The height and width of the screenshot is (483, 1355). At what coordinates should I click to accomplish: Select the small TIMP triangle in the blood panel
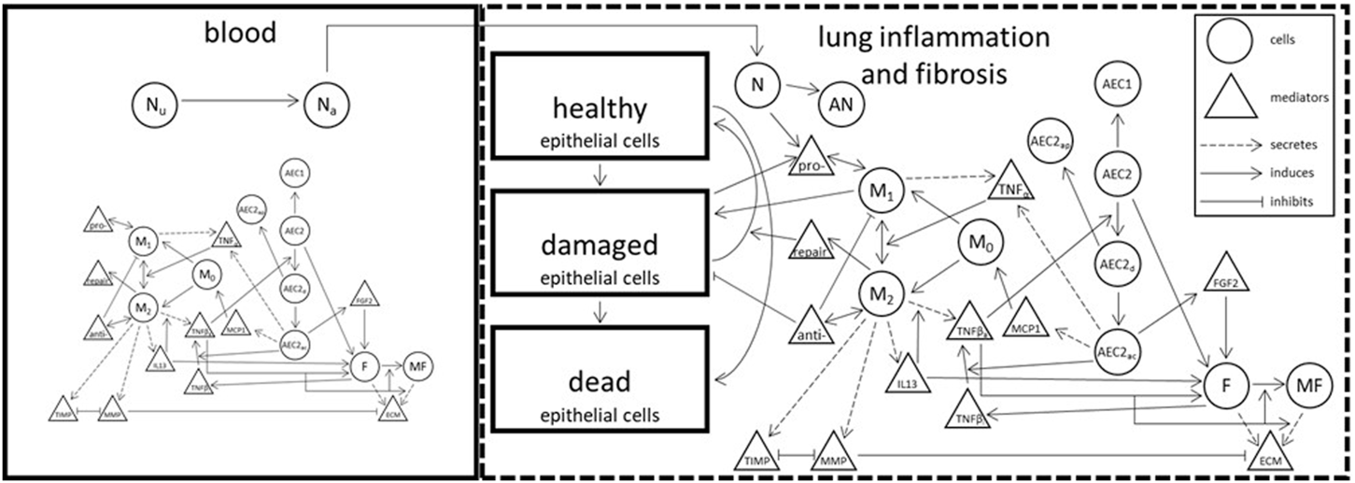tap(64, 409)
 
